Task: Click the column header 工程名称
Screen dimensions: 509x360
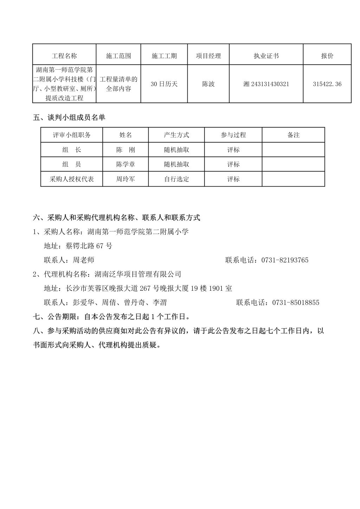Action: (x=64, y=56)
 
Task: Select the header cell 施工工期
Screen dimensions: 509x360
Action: (x=164, y=56)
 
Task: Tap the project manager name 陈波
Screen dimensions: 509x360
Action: (x=208, y=84)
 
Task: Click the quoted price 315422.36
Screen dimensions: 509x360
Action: (x=327, y=84)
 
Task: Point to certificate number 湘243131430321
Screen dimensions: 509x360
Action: (x=266, y=84)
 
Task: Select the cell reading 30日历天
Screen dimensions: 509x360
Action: (x=164, y=84)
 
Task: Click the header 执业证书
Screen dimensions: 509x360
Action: (x=266, y=56)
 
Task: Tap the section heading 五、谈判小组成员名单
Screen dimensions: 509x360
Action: (x=69, y=118)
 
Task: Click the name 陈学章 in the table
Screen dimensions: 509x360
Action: (x=126, y=164)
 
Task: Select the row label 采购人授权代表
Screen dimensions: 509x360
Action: (x=72, y=179)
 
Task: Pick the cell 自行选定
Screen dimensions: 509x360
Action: (x=176, y=179)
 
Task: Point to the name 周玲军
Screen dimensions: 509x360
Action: (x=126, y=179)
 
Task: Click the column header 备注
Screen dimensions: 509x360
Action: (x=293, y=135)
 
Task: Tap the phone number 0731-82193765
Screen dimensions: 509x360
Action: (x=285, y=260)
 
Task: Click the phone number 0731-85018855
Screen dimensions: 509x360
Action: (x=296, y=303)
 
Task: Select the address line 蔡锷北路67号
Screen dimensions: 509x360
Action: (x=89, y=246)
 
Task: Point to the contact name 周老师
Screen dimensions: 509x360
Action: (x=84, y=260)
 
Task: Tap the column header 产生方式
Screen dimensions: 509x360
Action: (x=176, y=135)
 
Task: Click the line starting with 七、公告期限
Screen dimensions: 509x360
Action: (x=112, y=317)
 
